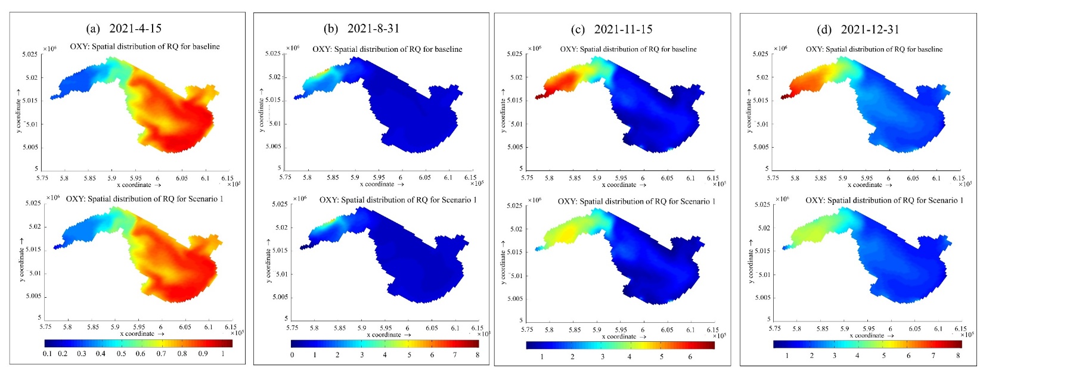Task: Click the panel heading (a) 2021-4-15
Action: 124,29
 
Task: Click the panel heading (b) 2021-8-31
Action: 361,29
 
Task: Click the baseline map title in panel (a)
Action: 145,46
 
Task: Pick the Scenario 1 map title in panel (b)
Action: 398,200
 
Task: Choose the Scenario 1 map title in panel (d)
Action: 884,201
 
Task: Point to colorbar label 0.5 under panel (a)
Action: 121,354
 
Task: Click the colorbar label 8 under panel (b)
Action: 477,355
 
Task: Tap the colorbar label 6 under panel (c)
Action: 690,357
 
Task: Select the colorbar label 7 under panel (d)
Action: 934,356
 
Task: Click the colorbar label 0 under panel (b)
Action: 292,355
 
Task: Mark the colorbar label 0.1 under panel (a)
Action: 47,354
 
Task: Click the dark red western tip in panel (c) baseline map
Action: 538,96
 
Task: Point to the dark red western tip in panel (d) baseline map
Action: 784,96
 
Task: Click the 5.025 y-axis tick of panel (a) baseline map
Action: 30,55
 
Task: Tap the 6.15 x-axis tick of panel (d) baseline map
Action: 958,178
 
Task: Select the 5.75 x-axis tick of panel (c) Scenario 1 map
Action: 527,330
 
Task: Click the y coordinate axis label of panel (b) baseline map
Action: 261,110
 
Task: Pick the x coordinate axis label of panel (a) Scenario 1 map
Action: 141,334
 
